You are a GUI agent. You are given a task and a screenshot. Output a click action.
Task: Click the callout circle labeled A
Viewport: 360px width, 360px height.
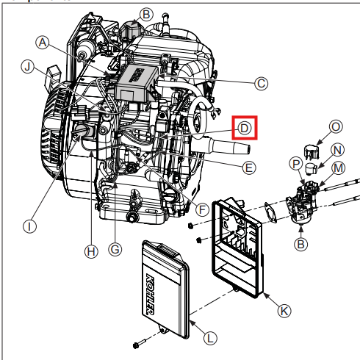(43, 43)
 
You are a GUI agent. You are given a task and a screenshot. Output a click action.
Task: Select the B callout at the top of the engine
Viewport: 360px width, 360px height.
(146, 14)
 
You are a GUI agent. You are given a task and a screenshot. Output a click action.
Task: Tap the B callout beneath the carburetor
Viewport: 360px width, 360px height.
(300, 243)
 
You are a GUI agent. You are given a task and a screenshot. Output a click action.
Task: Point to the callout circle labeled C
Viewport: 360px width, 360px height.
(261, 84)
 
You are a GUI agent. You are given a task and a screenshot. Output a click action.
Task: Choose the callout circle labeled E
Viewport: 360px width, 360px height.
(248, 168)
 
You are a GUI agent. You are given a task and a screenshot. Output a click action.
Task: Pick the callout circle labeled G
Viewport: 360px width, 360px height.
(115, 250)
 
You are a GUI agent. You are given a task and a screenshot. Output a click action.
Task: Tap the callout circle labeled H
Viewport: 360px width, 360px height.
(90, 251)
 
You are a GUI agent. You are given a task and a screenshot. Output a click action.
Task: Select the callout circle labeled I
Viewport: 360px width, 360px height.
(29, 226)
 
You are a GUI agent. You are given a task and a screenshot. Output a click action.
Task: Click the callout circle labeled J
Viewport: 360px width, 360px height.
(29, 68)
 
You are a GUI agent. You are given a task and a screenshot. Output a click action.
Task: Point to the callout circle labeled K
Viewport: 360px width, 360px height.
(284, 310)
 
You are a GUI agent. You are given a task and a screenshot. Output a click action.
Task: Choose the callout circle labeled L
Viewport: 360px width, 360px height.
(210, 338)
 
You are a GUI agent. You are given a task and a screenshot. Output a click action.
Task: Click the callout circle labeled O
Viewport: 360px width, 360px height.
(336, 126)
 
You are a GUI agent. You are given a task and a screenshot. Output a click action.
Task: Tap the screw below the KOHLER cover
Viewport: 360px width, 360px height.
(138, 345)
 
